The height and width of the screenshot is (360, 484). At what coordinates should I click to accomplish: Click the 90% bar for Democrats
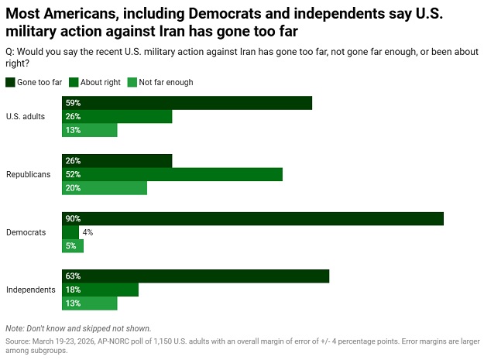[252, 219]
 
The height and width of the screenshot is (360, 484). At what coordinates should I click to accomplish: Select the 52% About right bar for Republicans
[172, 175]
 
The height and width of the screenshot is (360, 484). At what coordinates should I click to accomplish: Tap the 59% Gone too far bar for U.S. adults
[187, 103]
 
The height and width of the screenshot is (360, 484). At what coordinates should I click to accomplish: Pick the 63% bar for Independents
[196, 276]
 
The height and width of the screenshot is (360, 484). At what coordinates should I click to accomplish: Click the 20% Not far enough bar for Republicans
[105, 189]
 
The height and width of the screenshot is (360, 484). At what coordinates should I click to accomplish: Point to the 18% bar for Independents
[100, 290]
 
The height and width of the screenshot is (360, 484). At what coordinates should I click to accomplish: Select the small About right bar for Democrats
[70, 232]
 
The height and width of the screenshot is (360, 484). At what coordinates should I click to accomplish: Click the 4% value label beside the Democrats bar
[88, 232]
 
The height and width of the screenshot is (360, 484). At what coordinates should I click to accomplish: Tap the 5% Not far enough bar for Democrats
[73, 246]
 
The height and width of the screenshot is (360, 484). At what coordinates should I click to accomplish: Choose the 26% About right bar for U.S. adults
[117, 117]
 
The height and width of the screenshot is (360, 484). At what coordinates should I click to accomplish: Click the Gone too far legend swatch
[10, 82]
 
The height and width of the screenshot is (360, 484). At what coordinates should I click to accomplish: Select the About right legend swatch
[74, 82]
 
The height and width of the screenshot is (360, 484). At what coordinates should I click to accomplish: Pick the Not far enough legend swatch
[132, 82]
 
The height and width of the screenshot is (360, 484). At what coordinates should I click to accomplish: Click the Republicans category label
[28, 175]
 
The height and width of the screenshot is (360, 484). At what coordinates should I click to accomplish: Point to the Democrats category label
[26, 232]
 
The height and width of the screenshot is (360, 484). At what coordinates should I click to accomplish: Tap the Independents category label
[30, 290]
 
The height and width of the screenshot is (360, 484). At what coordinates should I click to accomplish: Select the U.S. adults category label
[26, 117]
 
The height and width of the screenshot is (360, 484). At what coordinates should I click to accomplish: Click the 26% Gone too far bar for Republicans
[117, 161]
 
